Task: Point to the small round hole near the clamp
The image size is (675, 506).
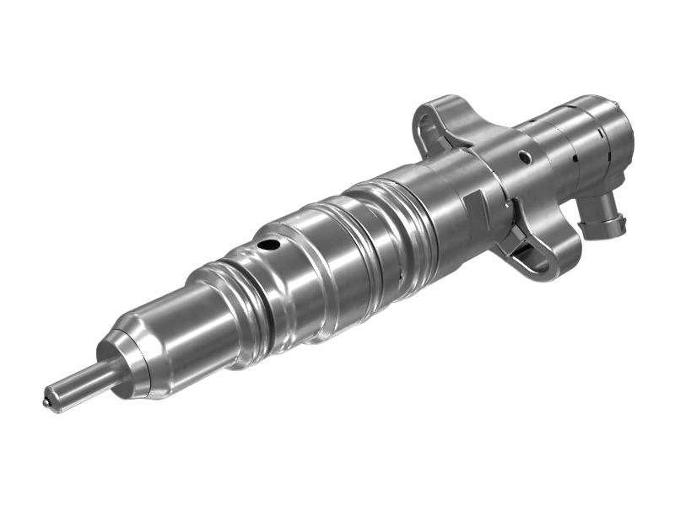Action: point(525,156)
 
